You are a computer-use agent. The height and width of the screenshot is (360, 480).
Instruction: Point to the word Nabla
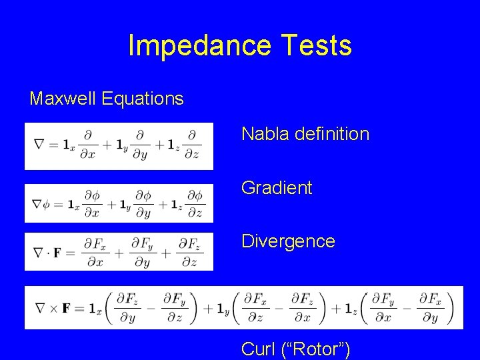pos(263,134)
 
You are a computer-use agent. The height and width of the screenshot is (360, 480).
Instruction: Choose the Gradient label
pos(277,188)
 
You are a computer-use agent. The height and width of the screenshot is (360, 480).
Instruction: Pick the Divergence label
pos(288,241)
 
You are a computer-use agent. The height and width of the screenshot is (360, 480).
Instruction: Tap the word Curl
pos(257,348)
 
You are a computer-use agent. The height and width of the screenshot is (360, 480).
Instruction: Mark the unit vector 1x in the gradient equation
pos(75,204)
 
